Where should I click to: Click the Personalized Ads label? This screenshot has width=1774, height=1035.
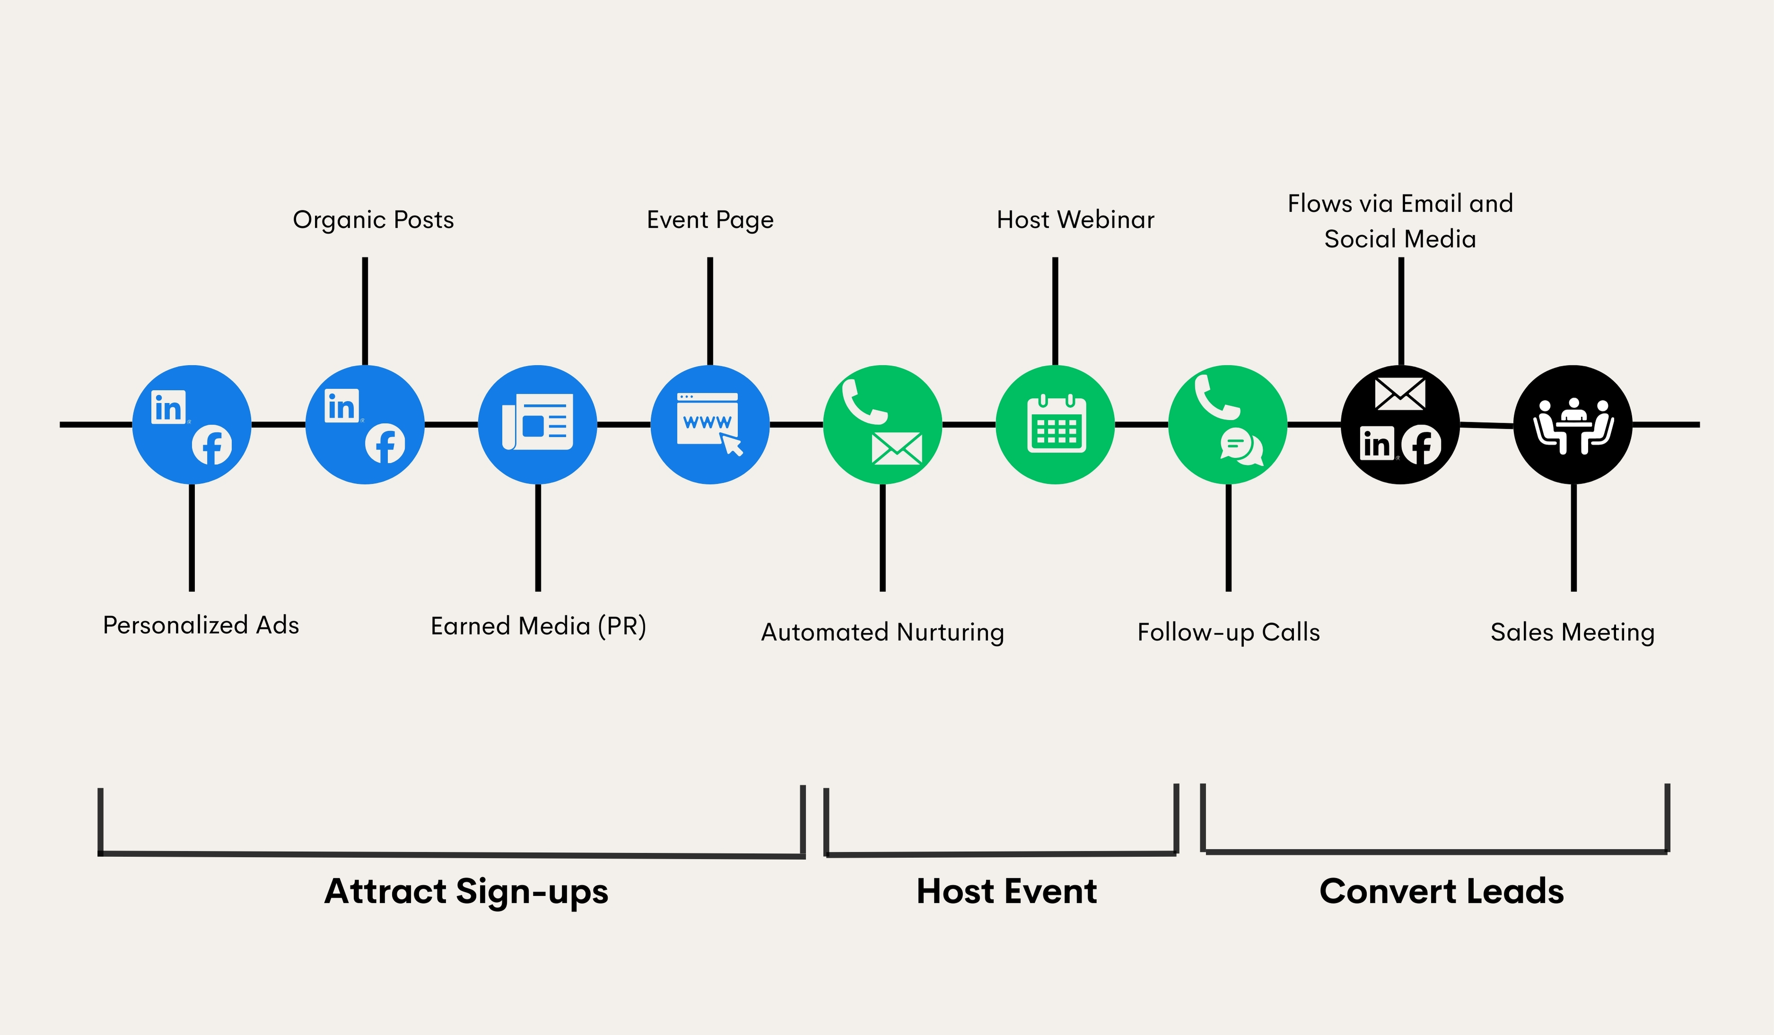point(201,625)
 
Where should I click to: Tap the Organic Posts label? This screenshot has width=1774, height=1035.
point(373,220)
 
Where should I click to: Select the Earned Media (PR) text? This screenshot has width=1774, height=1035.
point(538,626)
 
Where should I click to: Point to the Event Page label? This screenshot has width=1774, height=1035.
point(710,220)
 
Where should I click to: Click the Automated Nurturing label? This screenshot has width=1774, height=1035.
point(882,632)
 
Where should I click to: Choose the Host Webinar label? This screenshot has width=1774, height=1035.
point(1075,220)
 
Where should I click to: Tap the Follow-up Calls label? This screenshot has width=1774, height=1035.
point(1229,632)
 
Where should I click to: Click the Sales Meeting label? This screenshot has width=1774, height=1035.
point(1572,632)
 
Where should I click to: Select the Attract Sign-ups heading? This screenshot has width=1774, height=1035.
point(466,891)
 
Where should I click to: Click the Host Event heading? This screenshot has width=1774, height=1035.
point(1006,891)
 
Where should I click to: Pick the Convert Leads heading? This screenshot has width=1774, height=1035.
point(1441,891)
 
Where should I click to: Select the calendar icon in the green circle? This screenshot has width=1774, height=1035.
point(1056,425)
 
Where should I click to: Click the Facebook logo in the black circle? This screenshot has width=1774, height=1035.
point(1421,445)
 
